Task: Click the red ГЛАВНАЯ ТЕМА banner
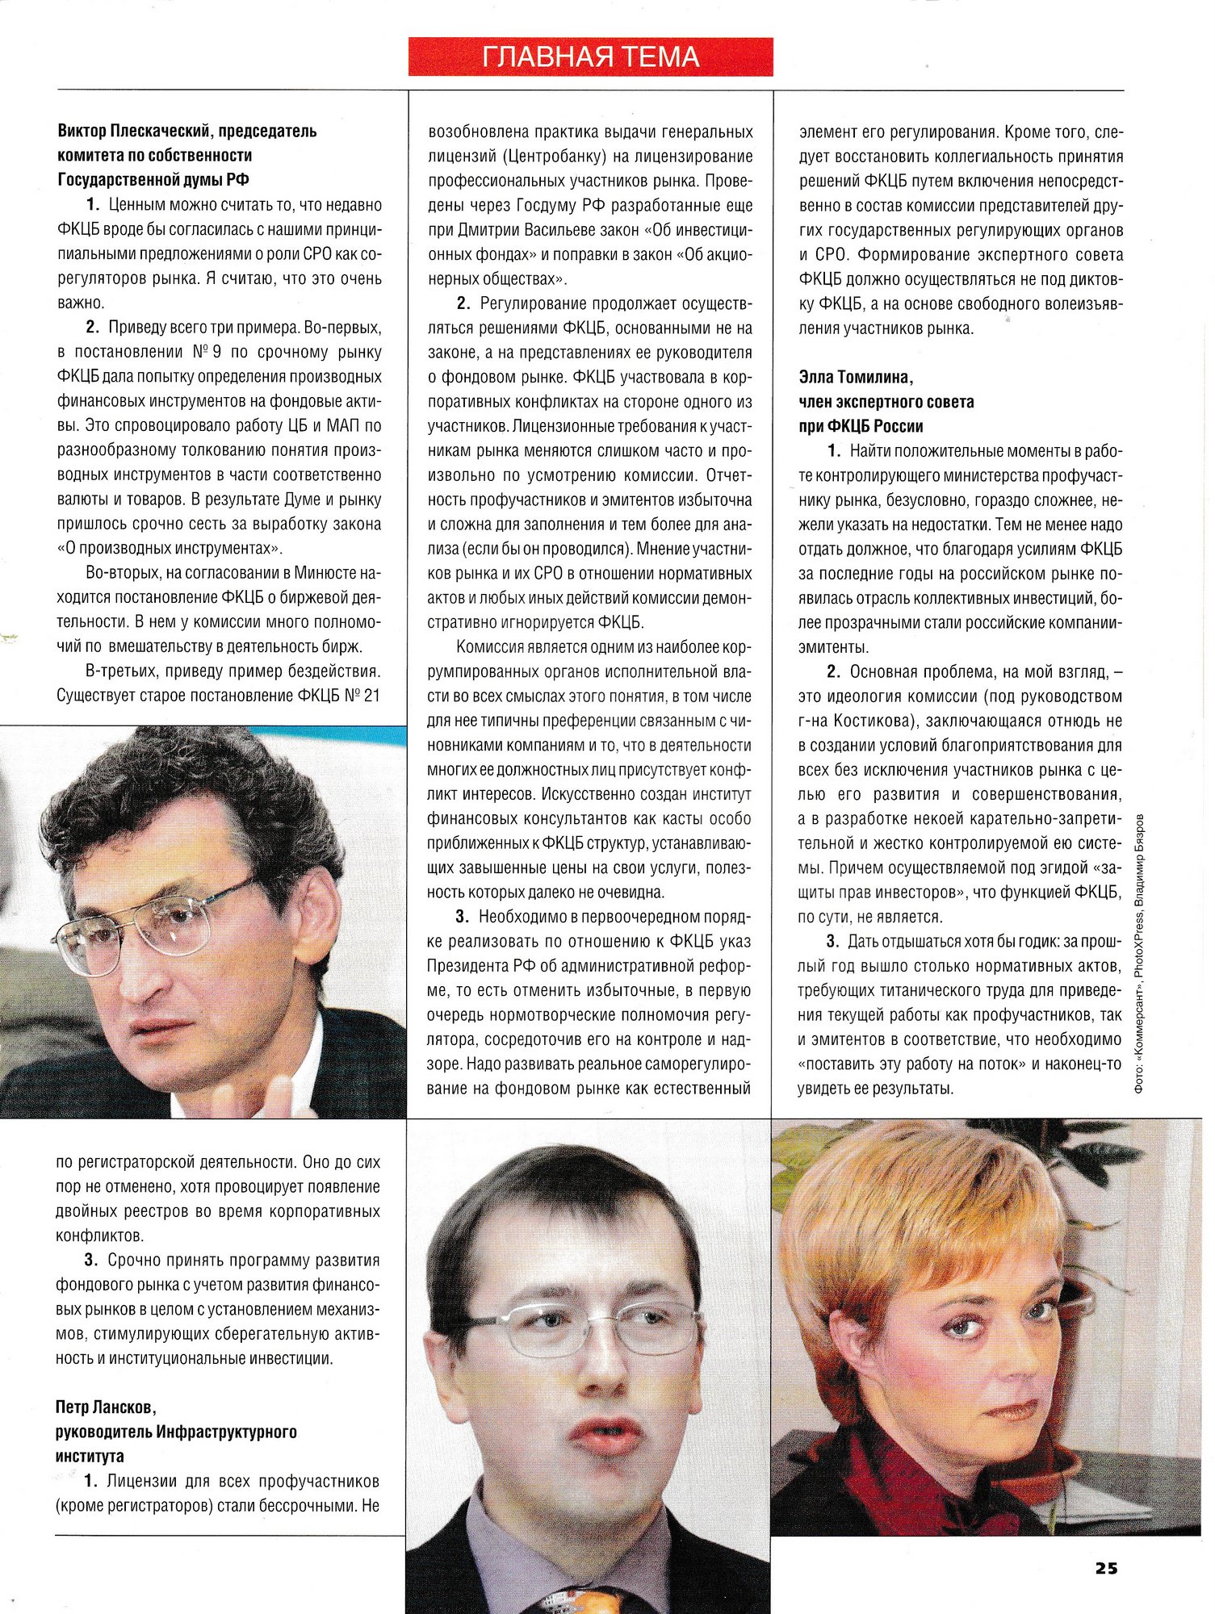pyautogui.click(x=590, y=56)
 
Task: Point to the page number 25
pyautogui.click(x=1106, y=1567)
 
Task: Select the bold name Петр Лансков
pyautogui.click(x=105, y=1407)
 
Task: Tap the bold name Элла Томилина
pyautogui.click(x=856, y=377)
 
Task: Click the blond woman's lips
pyautogui.click(x=1009, y=1411)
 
